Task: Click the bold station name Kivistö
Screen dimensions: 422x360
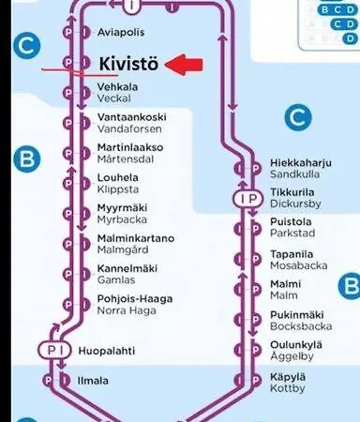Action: [129, 64]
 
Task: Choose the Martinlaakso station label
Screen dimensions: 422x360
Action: [129, 147]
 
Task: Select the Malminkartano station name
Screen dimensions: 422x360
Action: [135, 238]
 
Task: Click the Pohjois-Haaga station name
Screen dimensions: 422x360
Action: [134, 298]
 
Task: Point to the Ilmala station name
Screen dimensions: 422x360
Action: [93, 381]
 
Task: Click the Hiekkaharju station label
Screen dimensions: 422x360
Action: [301, 162]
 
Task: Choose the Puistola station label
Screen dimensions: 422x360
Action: [291, 222]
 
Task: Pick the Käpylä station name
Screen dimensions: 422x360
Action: [288, 375]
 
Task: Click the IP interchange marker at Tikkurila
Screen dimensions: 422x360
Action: [248, 199]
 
